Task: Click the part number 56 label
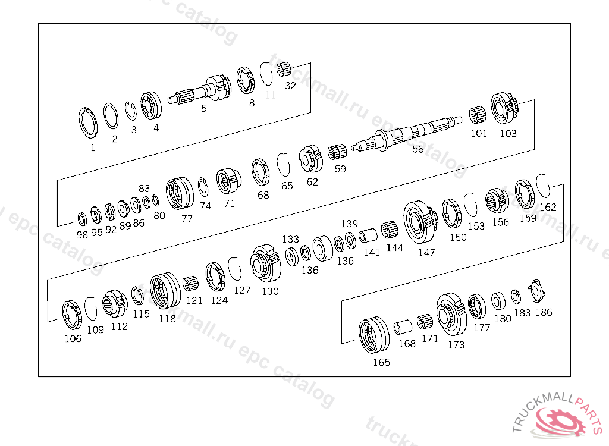pos(418,149)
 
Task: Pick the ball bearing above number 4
pos(150,106)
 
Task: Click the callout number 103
pos(508,133)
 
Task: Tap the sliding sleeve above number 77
pos(180,193)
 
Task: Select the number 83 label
pos(144,188)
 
